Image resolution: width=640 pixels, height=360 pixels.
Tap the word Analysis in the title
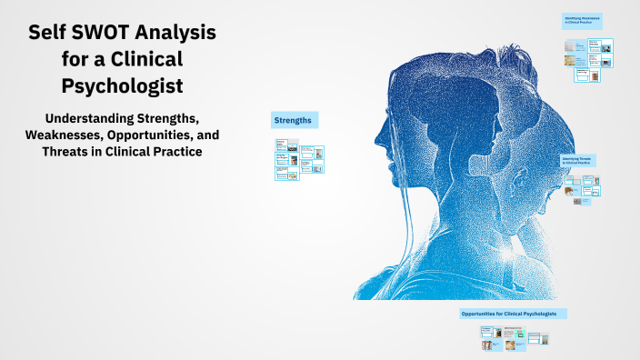click(x=176, y=34)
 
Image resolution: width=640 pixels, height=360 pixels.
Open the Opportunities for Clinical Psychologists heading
click(x=513, y=314)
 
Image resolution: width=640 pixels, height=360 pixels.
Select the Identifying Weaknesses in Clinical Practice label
click(x=583, y=20)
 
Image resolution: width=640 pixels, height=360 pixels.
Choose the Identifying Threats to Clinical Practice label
click(x=578, y=161)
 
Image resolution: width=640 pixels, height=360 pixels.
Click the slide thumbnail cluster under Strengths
click(x=299, y=159)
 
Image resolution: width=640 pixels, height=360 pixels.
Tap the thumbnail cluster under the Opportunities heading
click(x=515, y=338)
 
